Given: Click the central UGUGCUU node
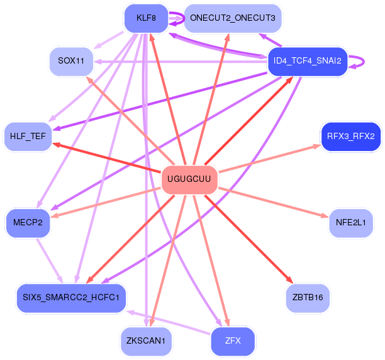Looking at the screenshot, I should coord(189,180).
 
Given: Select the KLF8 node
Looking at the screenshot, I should coord(146,18).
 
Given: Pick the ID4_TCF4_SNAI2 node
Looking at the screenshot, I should coord(308,61).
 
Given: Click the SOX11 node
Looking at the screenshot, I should coord(71,61).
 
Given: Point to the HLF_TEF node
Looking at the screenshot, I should coord(28,137).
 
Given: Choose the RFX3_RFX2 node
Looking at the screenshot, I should coord(350,137).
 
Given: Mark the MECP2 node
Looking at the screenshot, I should coord(28,222).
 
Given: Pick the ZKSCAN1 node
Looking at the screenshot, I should coord(146,341).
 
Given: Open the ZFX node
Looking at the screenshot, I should coord(232,341).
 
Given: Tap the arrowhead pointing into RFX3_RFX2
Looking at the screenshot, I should coord(317,146).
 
